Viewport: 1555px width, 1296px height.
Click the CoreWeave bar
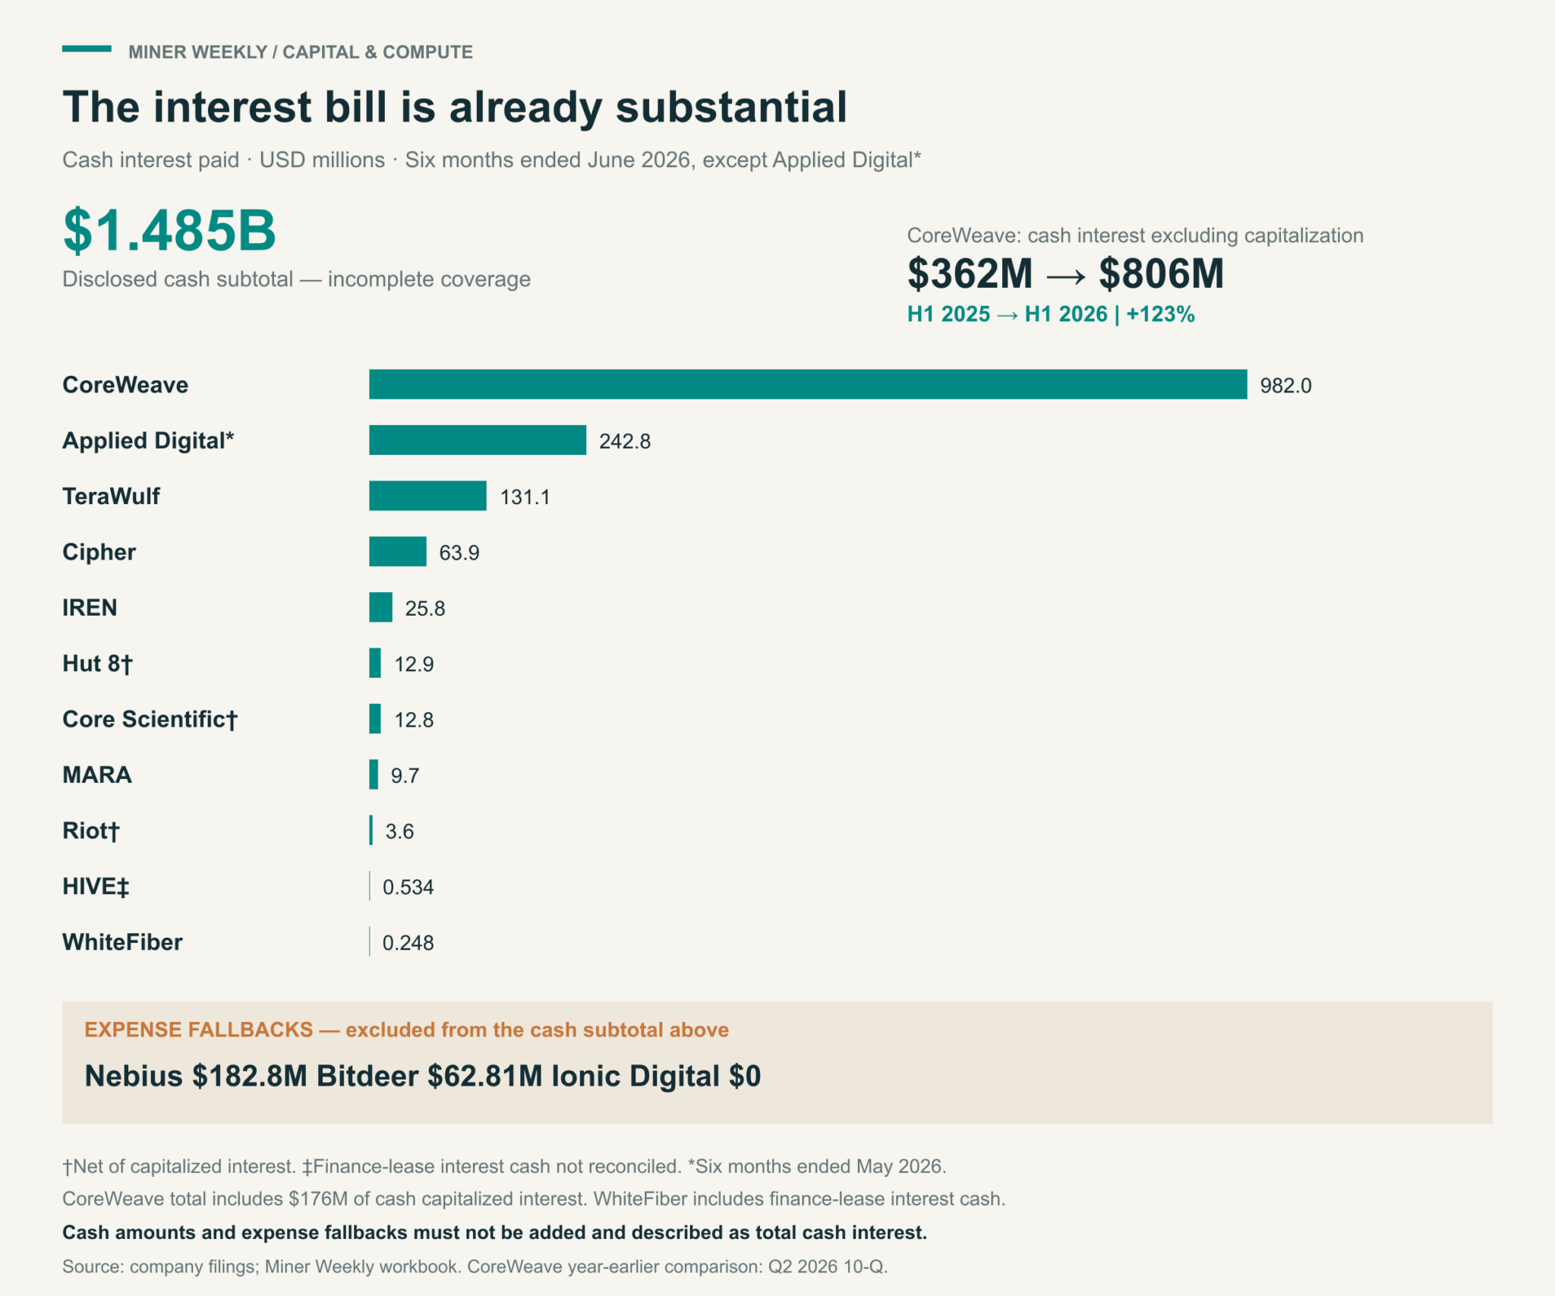[808, 384]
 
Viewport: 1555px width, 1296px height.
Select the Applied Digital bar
[478, 440]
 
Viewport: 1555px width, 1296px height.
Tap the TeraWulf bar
[427, 496]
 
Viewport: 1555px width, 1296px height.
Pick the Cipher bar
[398, 551]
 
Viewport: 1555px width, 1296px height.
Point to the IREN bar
[380, 607]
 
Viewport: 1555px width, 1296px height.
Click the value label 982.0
[1285, 386]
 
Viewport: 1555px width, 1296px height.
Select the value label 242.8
[625, 441]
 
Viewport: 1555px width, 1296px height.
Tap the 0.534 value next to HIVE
[408, 887]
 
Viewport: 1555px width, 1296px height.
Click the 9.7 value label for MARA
[405, 775]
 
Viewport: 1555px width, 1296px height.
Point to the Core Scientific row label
[150, 719]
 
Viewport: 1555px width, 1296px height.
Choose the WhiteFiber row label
[122, 942]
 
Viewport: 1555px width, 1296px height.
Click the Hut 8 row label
[97, 664]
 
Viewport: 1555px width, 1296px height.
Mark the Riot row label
[90, 831]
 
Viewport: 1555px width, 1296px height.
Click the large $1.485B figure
[169, 230]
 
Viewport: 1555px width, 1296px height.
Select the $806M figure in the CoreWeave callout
[1162, 273]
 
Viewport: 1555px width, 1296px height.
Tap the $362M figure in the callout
[970, 273]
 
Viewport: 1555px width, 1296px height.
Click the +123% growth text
[1160, 314]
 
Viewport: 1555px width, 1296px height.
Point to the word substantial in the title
[731, 106]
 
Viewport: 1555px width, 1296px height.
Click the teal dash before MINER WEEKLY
[87, 49]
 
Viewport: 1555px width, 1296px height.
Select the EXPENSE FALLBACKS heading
[198, 1030]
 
